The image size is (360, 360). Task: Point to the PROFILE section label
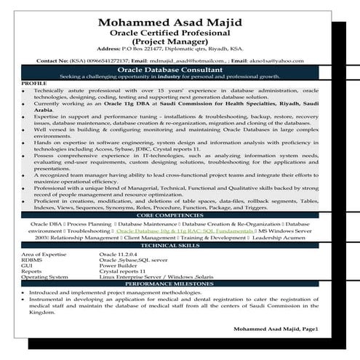pos(34,84)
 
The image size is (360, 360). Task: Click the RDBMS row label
pos(32,260)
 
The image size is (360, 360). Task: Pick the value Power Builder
pos(117,266)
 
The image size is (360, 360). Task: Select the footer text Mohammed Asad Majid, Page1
pos(276,329)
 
